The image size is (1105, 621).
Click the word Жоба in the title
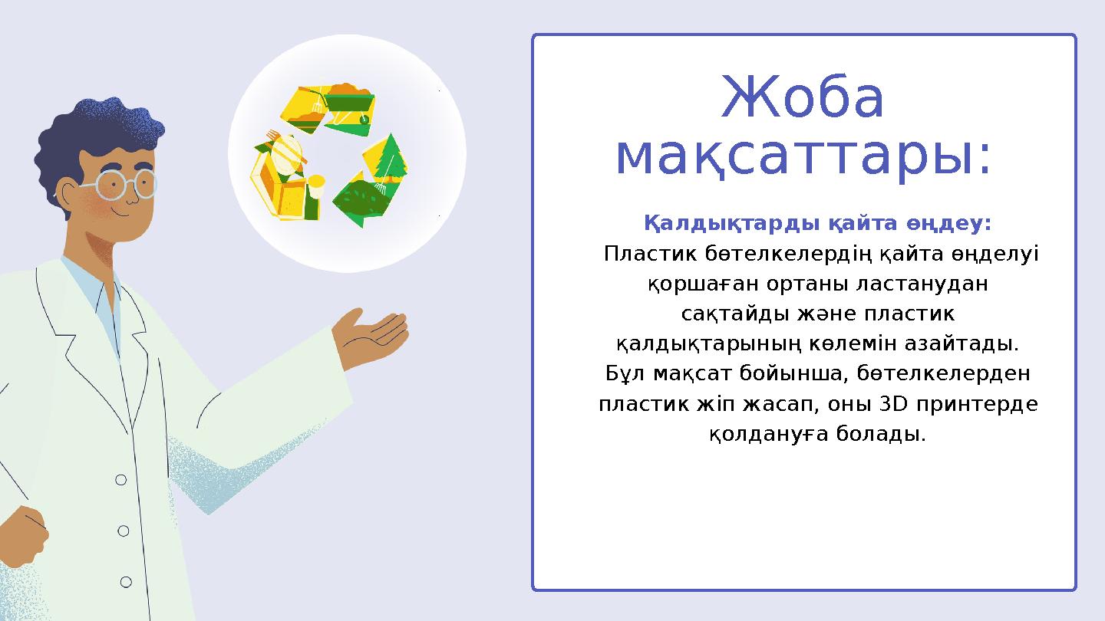click(803, 100)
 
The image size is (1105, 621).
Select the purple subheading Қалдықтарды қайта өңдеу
click(818, 224)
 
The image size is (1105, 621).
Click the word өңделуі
click(995, 254)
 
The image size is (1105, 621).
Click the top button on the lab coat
click(120, 480)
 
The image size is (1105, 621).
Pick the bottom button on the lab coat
click(126, 583)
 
